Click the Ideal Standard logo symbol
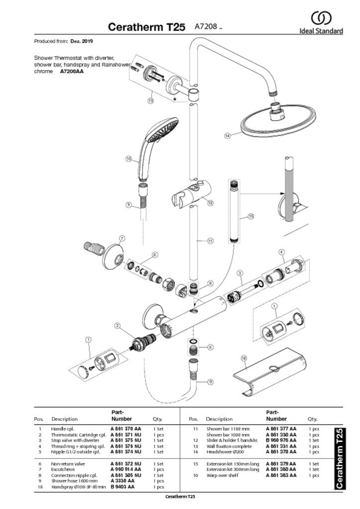321,18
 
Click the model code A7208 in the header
206,26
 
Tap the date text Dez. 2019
82,41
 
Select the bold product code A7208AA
72,71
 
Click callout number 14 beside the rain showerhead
228,135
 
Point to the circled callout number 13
150,100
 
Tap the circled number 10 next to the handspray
129,159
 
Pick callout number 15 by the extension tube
251,216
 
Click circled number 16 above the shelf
244,358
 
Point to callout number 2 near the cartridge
117,326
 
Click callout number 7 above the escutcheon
122,239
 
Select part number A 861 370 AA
125,428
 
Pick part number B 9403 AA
122,487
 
